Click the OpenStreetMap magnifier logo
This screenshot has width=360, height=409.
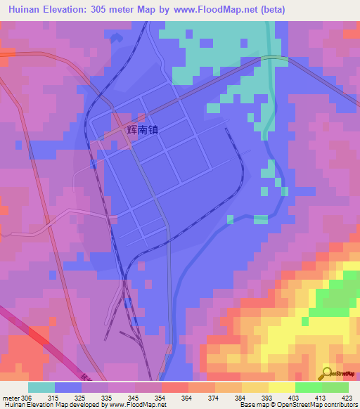point(326,373)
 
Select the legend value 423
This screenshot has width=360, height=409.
point(348,398)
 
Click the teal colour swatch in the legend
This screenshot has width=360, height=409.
point(41,387)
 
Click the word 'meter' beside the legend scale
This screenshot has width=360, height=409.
point(12,398)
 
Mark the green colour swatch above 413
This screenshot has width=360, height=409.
point(308,387)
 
